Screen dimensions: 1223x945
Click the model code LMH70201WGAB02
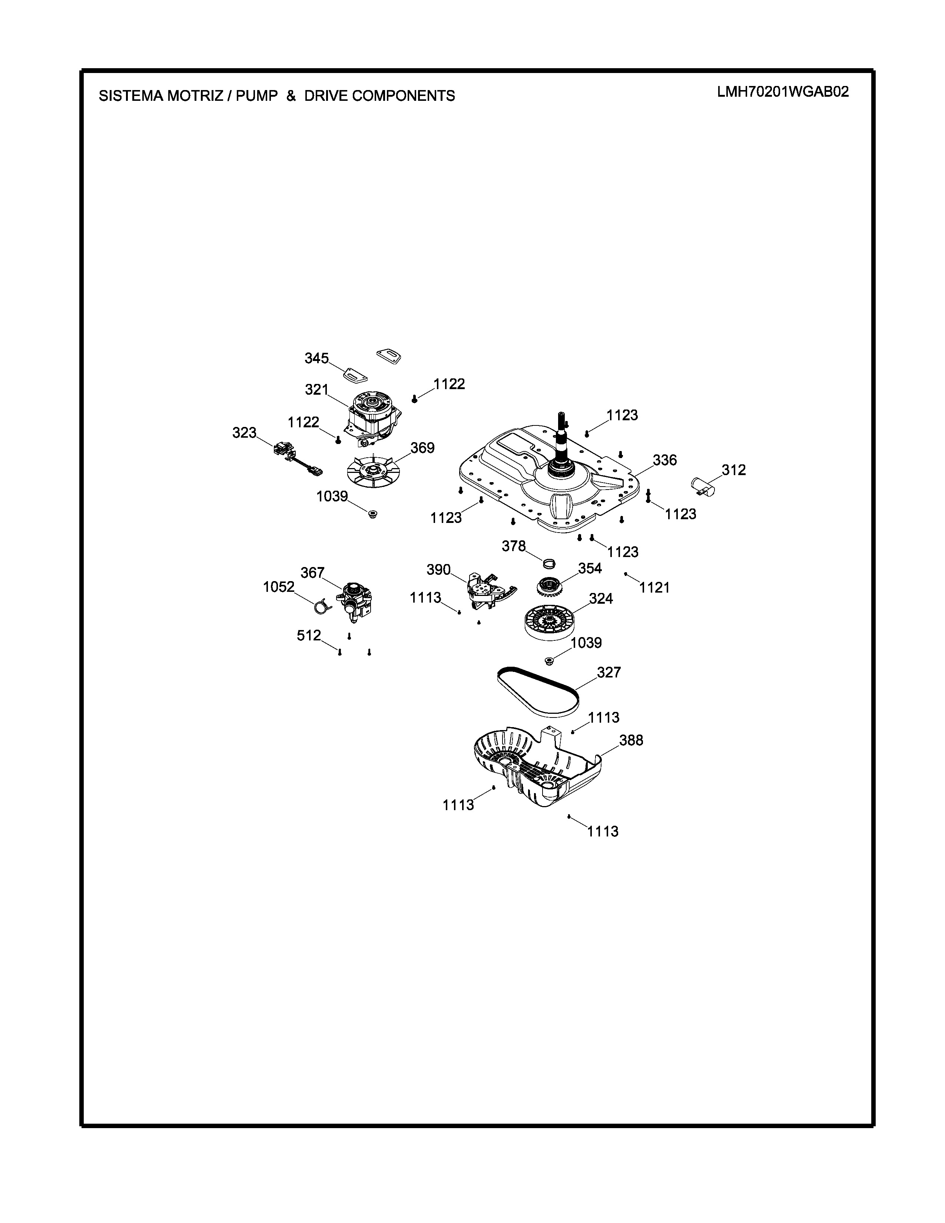[783, 92]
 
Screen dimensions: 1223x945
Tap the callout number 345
[316, 358]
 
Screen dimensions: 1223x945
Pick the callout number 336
[664, 460]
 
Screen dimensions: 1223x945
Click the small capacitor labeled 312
[704, 485]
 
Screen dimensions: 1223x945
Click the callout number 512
[308, 636]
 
